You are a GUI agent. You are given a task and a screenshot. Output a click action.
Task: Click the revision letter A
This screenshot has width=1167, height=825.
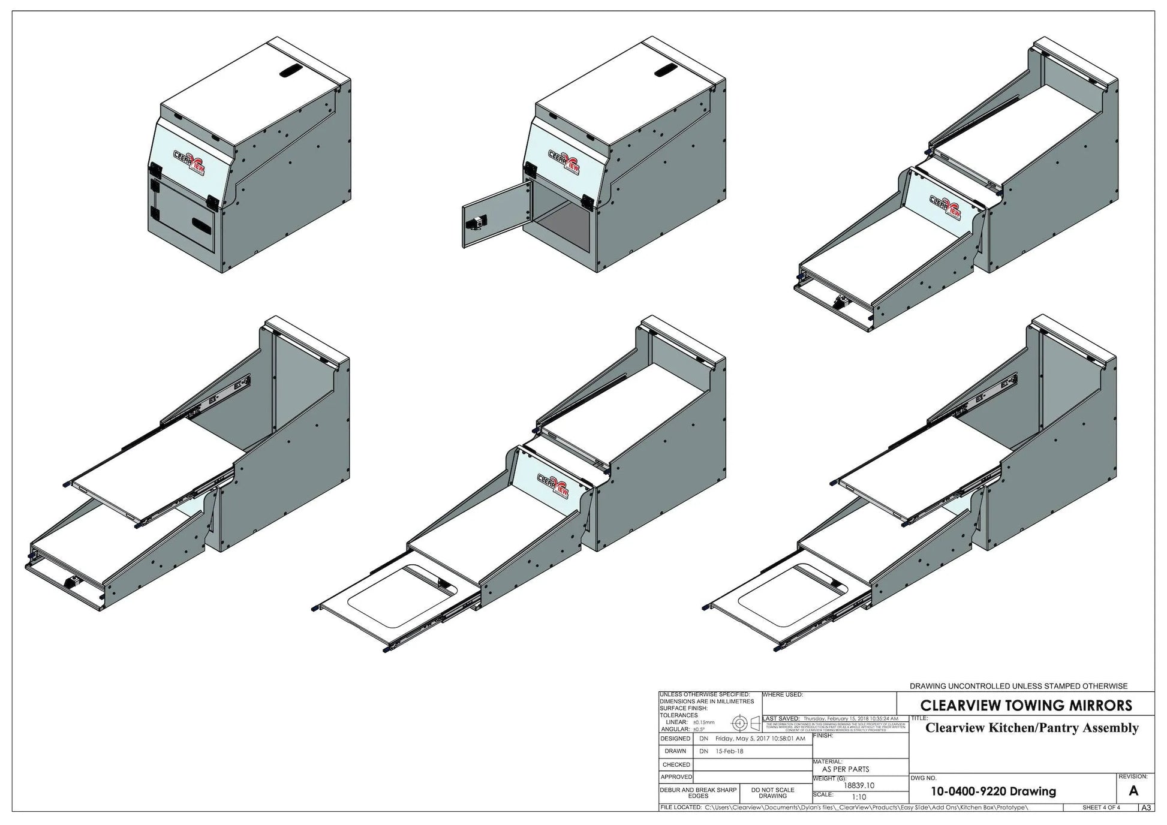coord(1133,790)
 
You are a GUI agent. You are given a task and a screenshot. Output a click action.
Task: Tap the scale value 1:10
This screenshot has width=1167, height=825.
coord(859,797)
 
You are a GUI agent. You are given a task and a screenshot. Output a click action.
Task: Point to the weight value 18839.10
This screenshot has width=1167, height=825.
coord(859,785)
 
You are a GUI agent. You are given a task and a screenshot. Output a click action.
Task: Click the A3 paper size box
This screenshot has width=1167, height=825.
coord(1146,808)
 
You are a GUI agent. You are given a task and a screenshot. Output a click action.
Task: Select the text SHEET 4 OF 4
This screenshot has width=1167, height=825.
coord(1101,808)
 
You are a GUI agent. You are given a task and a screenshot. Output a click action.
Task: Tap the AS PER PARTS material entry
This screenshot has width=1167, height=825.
coord(845,769)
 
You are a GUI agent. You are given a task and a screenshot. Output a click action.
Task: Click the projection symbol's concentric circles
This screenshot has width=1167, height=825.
coord(739,723)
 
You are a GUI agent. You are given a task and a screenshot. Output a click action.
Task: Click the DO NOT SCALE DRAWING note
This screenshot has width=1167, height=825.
coord(772,793)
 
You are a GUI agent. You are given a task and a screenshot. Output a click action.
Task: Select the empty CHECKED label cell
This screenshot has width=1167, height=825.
coord(676,764)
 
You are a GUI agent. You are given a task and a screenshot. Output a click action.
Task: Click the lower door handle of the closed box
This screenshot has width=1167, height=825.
coord(202,225)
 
